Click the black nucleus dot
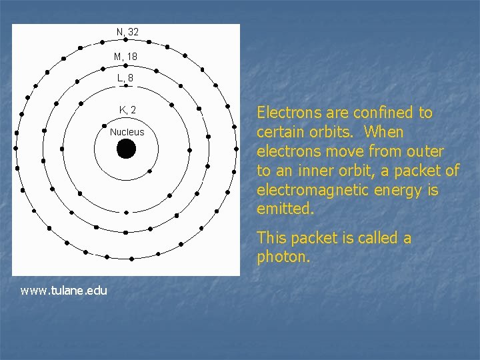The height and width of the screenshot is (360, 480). coord(126,149)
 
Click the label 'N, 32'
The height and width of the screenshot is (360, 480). coord(127,32)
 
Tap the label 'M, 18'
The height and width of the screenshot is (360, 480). coord(125,57)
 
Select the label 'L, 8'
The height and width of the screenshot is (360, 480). coord(125,78)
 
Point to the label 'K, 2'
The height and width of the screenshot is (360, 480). coord(127,110)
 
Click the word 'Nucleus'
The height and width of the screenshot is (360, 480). coord(127,132)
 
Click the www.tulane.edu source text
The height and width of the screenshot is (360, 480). coord(64,290)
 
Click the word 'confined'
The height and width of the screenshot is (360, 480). coord(375,113)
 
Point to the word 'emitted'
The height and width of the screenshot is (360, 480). coord(283,209)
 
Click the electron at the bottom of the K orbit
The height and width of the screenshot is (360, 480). coord(127,212)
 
